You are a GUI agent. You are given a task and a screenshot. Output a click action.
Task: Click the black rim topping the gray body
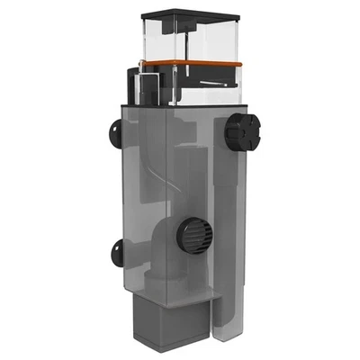[x=180, y=107]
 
